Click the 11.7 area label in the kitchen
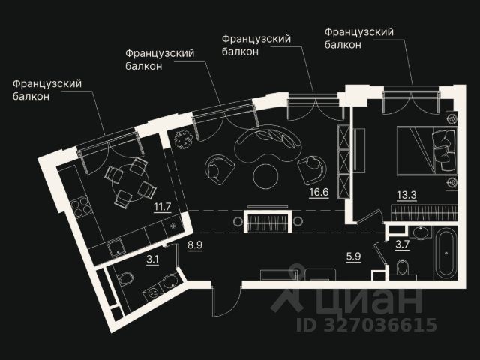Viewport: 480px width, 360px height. [161, 207]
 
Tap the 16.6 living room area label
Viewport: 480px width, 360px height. [319, 192]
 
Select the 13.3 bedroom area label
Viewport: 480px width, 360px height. [407, 196]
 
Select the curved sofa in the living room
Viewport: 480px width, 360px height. [266, 143]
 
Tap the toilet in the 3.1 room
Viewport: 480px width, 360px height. [125, 280]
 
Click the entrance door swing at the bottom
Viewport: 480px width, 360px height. [223, 300]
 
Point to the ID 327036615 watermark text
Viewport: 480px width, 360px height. [367, 325]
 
